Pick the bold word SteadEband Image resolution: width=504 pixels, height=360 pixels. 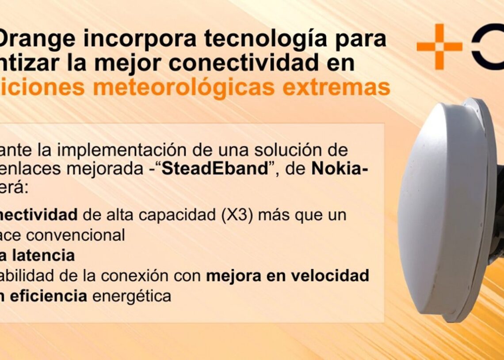[x=215, y=170]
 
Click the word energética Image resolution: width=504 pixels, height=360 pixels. [x=131, y=296]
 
